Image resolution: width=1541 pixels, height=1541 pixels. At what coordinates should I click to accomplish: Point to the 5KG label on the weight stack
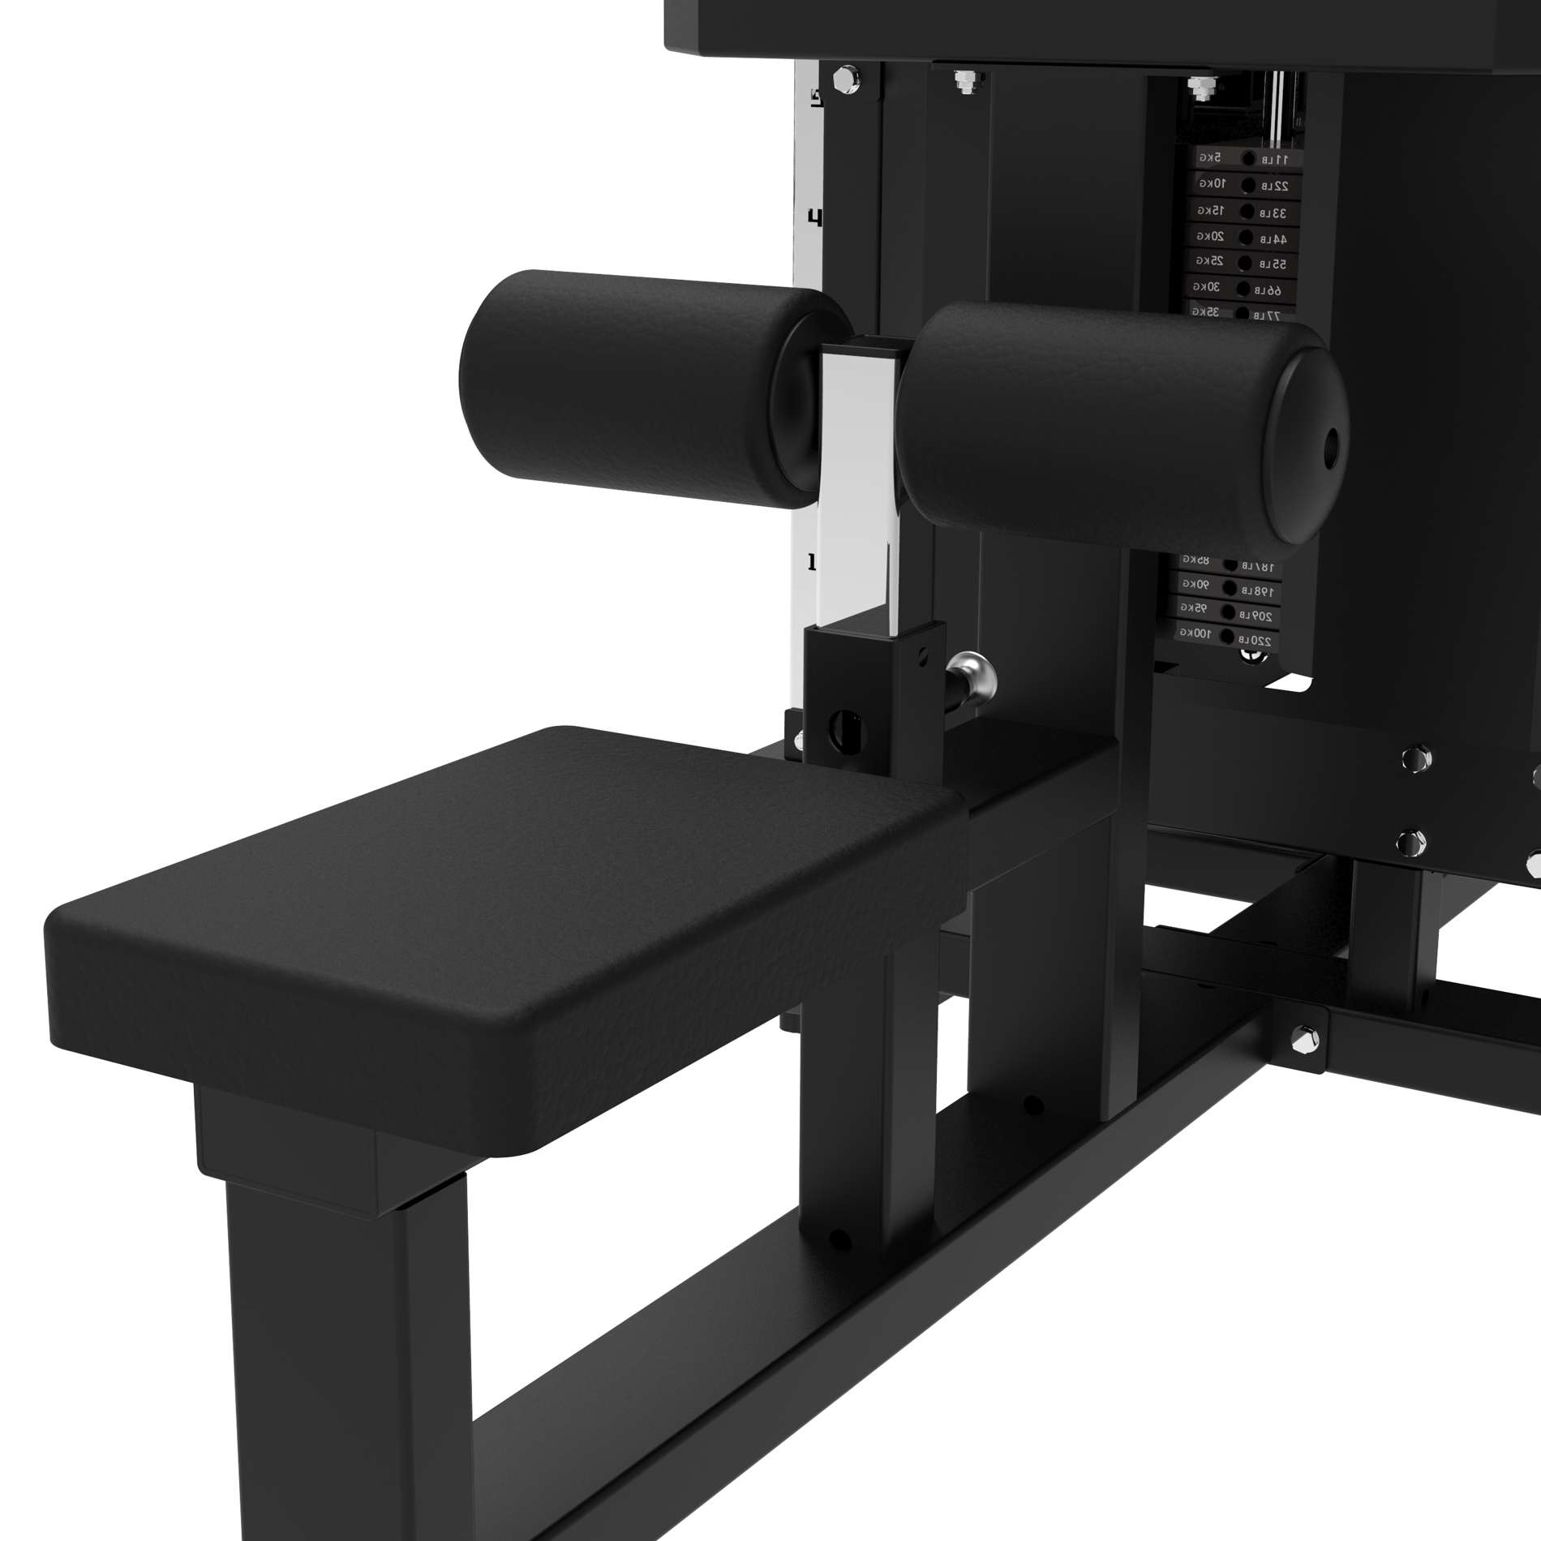(x=1210, y=157)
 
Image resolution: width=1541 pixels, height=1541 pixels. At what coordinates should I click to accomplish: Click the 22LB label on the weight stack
(x=1276, y=186)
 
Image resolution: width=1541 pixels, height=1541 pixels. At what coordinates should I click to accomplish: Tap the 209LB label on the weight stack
(x=1256, y=616)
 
